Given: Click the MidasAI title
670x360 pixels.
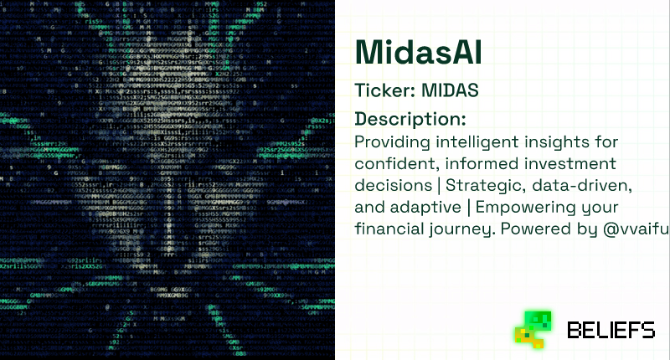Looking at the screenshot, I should click(419, 53).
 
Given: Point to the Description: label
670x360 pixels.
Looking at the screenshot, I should click(410, 118).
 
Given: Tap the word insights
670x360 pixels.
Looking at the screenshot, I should click(545, 140).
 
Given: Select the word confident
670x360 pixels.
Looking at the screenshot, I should click(392, 162).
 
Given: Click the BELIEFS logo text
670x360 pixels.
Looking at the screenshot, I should click(611, 331).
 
